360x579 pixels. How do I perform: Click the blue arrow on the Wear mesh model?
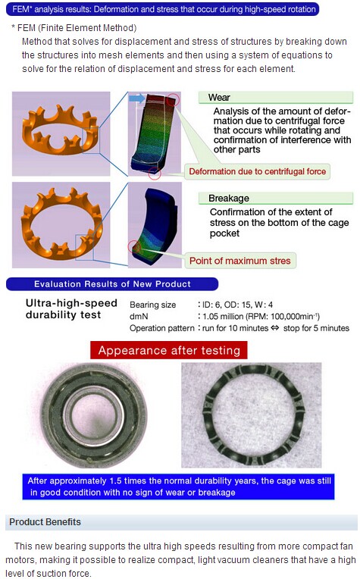pos(137,99)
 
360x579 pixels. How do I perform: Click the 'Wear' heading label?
pos(219,98)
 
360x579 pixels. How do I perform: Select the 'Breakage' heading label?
pos(229,199)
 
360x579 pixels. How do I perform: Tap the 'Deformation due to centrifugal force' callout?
pos(258,171)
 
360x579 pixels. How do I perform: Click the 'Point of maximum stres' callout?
pos(240,261)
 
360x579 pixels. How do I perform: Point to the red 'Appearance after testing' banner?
pos(169,350)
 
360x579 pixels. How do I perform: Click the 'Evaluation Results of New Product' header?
pos(112,284)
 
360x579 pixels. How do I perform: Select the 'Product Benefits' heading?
pos(45,521)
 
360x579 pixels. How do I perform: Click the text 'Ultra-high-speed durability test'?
pos(71,309)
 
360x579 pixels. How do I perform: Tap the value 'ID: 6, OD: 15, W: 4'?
pos(237,305)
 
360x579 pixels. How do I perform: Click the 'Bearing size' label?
pos(152,305)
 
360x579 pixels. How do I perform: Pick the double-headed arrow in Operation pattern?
pos(274,328)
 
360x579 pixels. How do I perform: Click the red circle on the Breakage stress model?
pos(133,246)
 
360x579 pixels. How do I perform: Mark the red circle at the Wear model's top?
pos(173,99)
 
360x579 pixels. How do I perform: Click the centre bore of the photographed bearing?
pos(93,415)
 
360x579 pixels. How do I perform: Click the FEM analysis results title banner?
pos(162,9)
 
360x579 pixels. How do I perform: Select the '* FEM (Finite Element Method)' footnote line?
pos(74,28)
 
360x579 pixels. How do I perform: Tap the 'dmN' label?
pos(139,317)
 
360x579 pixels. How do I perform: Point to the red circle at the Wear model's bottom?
pos(155,174)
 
